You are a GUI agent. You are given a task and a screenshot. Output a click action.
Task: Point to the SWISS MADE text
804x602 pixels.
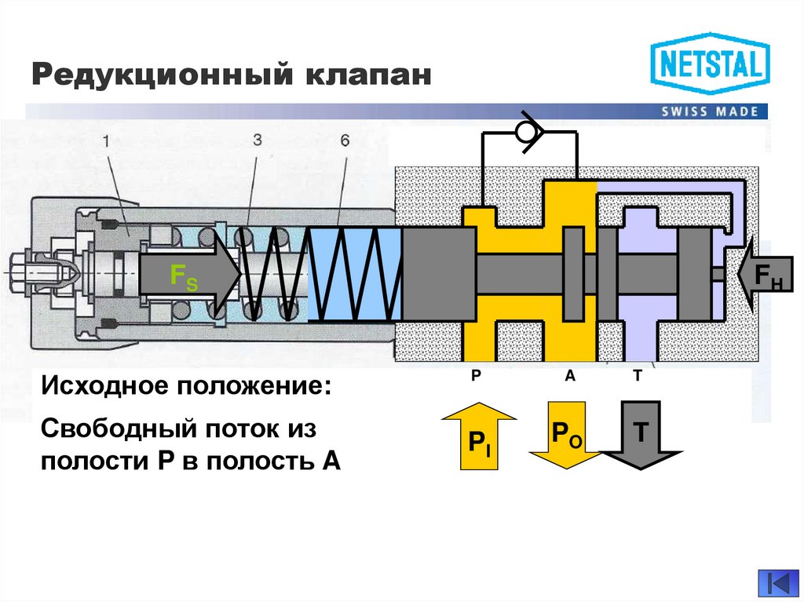click(x=710, y=111)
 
